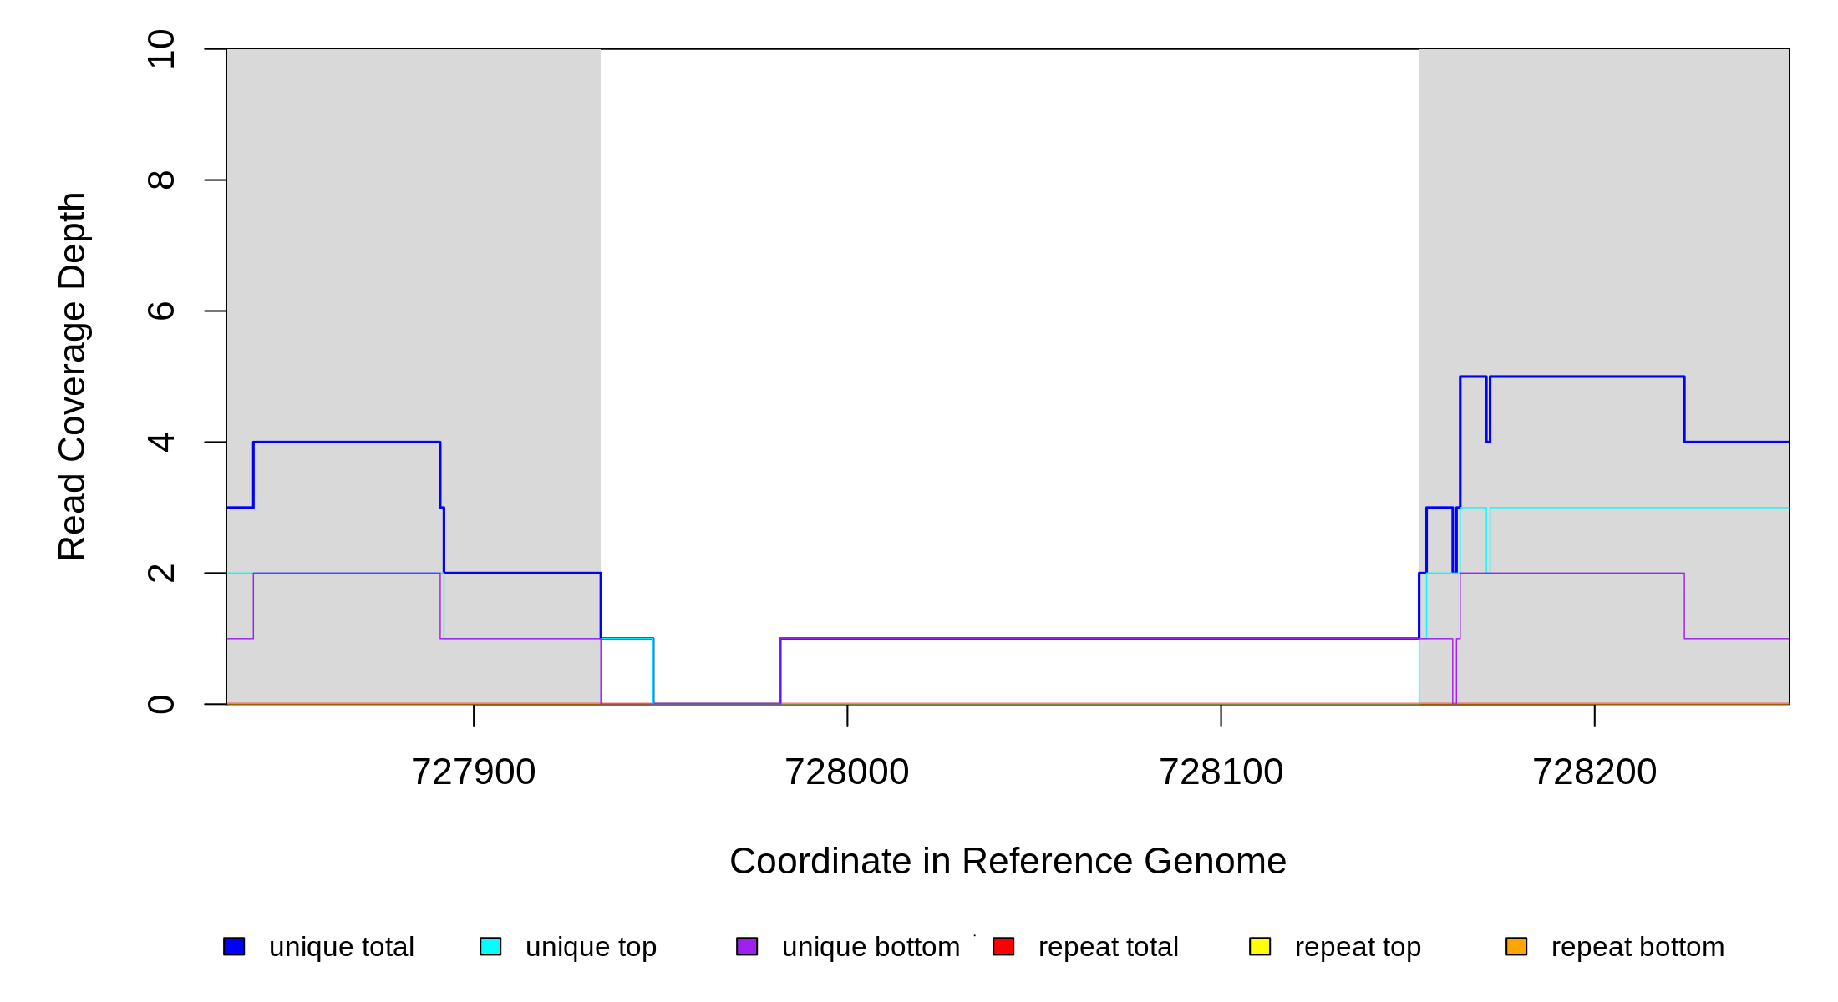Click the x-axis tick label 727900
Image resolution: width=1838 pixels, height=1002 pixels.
click(x=473, y=772)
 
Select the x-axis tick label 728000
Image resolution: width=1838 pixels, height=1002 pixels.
click(x=846, y=772)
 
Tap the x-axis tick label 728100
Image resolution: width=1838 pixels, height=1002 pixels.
click(x=1221, y=772)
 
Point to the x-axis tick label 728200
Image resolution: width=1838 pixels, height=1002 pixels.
click(x=1594, y=772)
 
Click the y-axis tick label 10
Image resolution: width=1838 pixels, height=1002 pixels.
click(x=160, y=49)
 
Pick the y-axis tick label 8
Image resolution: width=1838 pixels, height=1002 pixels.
click(x=160, y=180)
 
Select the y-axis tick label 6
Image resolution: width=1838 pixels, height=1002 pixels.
click(x=160, y=311)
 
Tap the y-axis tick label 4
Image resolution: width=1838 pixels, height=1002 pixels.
click(x=160, y=442)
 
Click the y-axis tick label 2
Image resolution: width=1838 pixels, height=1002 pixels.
click(x=160, y=573)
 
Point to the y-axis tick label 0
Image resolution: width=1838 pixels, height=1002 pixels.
click(x=160, y=704)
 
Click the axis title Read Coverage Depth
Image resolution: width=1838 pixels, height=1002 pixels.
click(x=72, y=376)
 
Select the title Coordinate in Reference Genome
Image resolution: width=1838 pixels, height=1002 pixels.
click(x=1008, y=861)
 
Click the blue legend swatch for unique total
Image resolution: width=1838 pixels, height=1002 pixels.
click(x=234, y=946)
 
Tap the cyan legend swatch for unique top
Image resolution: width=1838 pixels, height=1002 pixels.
click(x=490, y=946)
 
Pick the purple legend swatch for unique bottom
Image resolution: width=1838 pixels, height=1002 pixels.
click(x=747, y=946)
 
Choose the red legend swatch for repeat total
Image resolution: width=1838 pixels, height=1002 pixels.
click(x=1003, y=946)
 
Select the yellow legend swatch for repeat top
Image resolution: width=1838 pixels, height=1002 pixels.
click(x=1260, y=946)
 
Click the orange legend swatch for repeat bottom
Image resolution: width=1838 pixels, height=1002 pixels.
click(x=1516, y=946)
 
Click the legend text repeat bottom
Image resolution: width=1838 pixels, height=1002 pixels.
click(x=1637, y=947)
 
